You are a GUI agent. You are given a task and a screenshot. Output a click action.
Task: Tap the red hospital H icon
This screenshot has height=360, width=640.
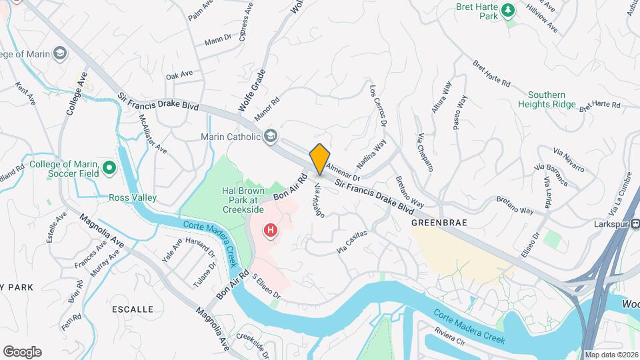(x=271, y=231)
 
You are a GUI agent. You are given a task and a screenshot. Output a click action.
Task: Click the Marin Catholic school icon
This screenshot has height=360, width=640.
(x=270, y=137)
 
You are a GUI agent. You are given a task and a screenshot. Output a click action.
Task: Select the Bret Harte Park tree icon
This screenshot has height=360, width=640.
(x=509, y=10)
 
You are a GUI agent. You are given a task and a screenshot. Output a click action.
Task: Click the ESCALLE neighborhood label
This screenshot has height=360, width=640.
(x=133, y=309)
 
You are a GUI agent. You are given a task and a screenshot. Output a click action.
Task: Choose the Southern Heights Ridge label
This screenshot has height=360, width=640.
(x=546, y=99)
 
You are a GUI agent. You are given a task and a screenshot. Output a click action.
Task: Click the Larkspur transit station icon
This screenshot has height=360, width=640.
(x=635, y=224)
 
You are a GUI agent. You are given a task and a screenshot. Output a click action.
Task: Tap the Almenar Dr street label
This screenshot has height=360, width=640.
(x=343, y=174)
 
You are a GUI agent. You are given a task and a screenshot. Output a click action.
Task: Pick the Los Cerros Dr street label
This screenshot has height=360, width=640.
(x=378, y=106)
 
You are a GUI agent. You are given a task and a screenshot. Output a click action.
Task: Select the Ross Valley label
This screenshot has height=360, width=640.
(x=133, y=198)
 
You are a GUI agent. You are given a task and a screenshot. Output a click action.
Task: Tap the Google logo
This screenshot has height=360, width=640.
(x=22, y=351)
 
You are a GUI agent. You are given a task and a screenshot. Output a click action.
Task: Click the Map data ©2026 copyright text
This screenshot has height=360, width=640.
(x=611, y=355)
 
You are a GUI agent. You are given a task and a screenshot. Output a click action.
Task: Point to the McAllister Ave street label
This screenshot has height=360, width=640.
(x=153, y=134)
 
